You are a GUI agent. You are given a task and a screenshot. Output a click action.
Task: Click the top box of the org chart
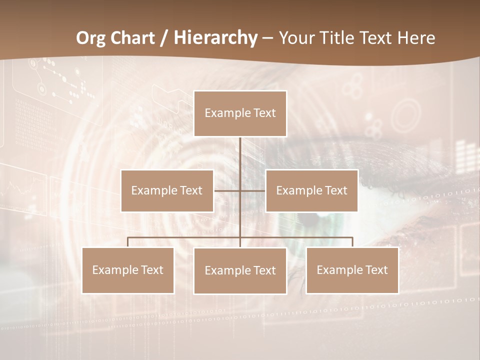(240, 113)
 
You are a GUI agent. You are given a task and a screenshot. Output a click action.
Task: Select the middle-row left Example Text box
(167, 190)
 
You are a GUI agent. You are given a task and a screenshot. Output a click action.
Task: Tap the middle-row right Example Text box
(311, 190)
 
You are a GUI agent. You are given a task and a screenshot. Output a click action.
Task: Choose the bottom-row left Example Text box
(128, 270)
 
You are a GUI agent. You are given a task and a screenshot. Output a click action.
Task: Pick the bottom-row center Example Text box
(240, 271)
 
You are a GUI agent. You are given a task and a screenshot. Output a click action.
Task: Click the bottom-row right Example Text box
(352, 270)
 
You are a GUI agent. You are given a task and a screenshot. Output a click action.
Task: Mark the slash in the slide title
(164, 38)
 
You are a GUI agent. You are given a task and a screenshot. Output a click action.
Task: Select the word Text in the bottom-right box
(375, 270)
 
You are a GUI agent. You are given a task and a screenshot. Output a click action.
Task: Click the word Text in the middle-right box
(335, 190)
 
